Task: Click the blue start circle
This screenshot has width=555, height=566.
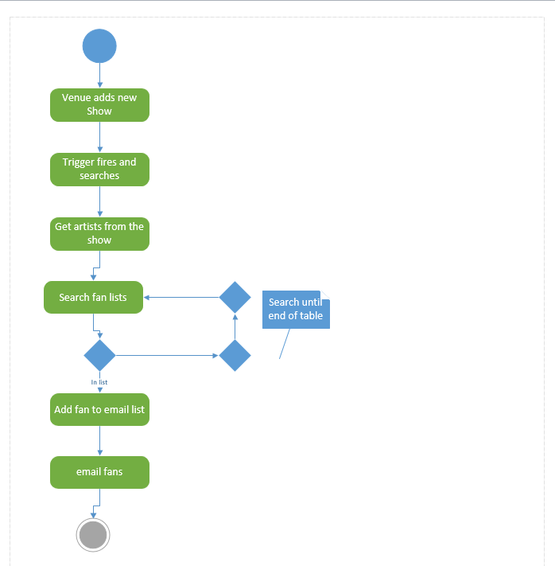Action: point(99,46)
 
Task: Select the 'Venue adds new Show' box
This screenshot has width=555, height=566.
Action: point(99,105)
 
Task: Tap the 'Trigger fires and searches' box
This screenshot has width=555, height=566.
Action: point(99,170)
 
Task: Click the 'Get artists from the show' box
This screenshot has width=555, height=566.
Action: point(99,234)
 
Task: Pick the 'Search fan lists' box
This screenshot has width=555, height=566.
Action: point(93,298)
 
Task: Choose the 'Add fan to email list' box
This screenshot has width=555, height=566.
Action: point(99,410)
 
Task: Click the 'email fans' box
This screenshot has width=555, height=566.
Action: point(99,472)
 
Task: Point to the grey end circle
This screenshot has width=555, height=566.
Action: point(93,535)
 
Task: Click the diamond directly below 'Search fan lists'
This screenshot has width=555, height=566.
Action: point(99,355)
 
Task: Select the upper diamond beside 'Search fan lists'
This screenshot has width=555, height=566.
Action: point(235,298)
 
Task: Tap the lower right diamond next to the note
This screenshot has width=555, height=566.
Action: point(235,355)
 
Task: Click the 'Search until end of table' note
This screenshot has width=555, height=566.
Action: point(295,310)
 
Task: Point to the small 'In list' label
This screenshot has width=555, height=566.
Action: point(99,382)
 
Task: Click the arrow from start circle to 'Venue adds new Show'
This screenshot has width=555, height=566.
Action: point(99,76)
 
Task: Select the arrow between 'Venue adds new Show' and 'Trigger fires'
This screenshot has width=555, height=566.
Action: point(99,137)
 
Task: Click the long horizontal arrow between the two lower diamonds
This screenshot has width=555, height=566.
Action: point(167,355)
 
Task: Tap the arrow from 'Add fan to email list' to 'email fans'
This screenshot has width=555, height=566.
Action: point(99,441)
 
